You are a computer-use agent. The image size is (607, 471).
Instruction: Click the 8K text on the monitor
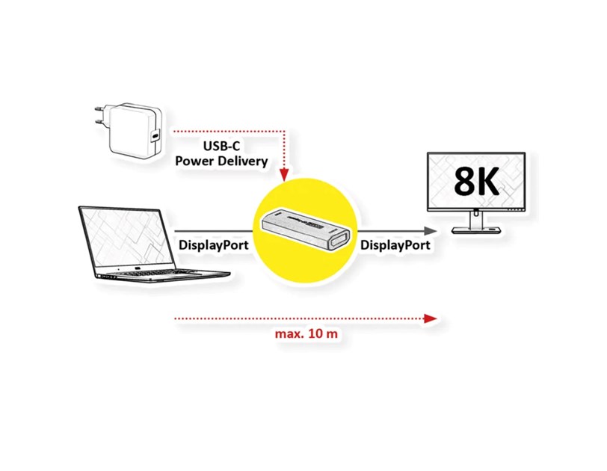click(476, 182)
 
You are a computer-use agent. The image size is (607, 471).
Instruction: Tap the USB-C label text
click(221, 147)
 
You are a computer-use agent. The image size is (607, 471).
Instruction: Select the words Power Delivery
click(221, 161)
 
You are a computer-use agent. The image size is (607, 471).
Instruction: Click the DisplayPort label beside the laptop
click(213, 245)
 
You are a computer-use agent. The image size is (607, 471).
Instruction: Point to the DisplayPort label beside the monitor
click(395, 245)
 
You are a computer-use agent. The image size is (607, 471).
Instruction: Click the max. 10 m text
click(306, 333)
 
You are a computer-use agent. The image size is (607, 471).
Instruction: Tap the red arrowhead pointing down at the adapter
click(284, 175)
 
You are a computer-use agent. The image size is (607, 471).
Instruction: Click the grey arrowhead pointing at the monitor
click(430, 231)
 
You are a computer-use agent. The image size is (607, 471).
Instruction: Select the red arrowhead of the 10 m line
click(430, 319)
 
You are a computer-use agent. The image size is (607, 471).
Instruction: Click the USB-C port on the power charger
click(155, 137)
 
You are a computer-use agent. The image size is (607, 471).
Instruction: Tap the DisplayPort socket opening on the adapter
click(338, 242)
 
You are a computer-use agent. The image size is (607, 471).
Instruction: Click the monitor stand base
click(476, 231)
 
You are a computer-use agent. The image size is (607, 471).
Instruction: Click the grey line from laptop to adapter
click(214, 232)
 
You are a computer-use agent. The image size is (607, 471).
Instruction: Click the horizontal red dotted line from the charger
click(229, 132)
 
